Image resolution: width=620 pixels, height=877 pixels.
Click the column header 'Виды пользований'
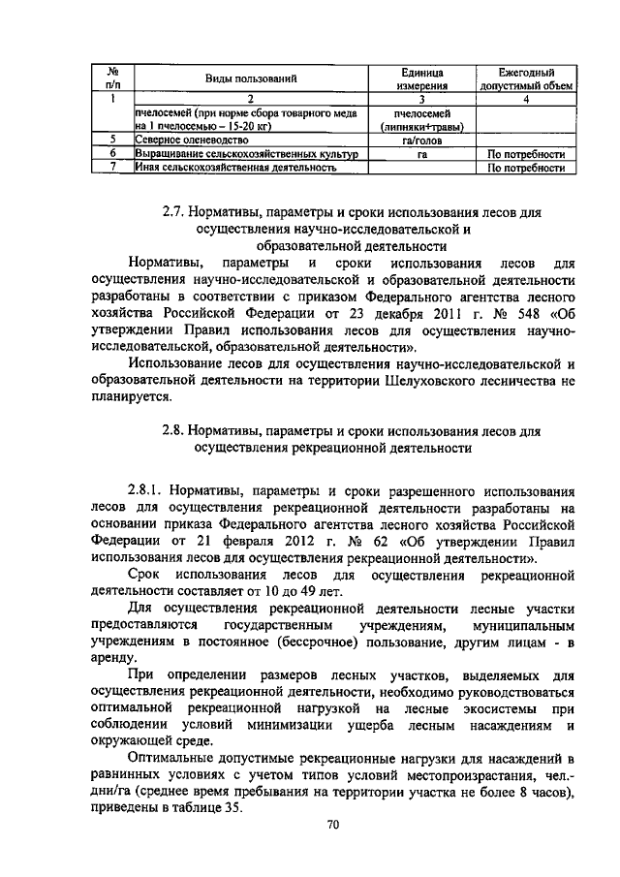coord(249,78)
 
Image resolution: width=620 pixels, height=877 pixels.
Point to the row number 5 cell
coord(112,140)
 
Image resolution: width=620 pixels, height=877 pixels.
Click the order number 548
coord(500,316)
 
